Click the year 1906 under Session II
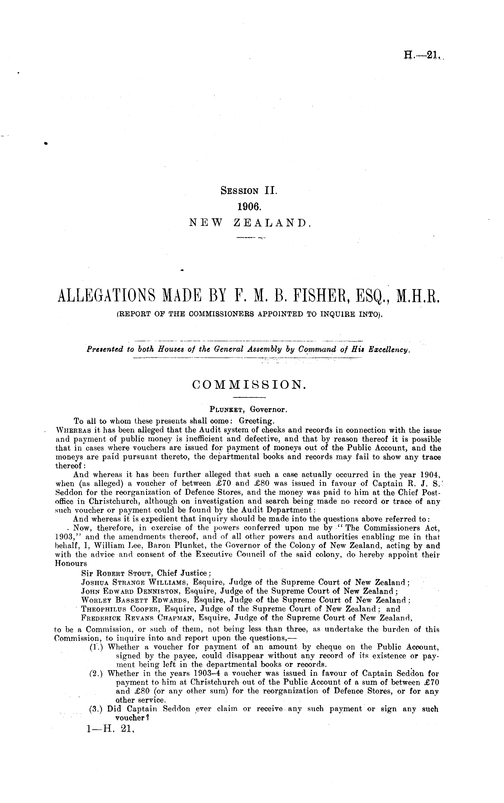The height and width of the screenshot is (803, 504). click(x=249, y=207)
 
